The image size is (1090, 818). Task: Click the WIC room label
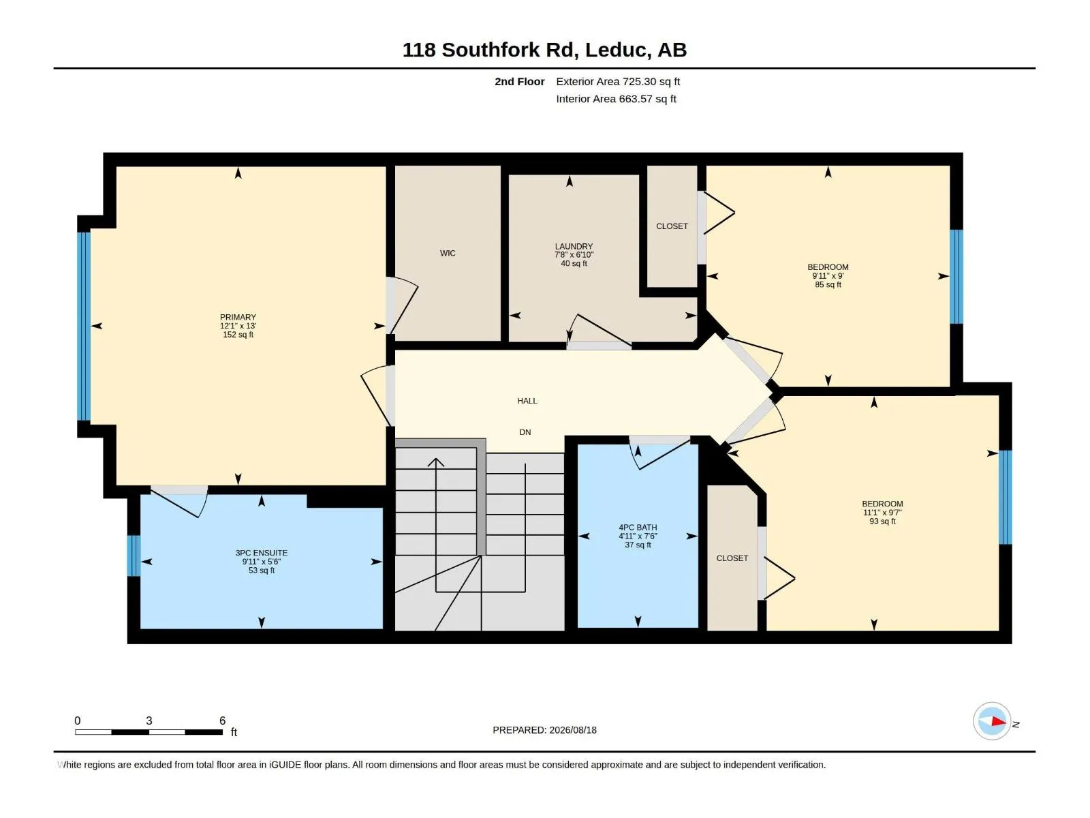tap(448, 254)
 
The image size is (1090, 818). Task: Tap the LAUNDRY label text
tap(574, 246)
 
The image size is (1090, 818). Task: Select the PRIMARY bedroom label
tap(238, 318)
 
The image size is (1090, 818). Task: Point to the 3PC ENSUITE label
tap(261, 553)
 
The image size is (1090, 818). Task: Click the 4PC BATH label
tap(638, 528)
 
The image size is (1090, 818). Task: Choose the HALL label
tap(527, 401)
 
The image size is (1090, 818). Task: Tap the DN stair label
tap(525, 432)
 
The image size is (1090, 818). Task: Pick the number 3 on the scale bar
tap(149, 721)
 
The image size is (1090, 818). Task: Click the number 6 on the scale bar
tap(223, 721)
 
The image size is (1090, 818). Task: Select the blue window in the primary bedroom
tap(84, 327)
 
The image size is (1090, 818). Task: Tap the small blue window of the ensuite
tap(134, 556)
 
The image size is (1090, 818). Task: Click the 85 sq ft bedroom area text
tap(828, 284)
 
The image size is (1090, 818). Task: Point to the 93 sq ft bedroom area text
tap(882, 521)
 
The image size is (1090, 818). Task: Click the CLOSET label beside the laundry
tap(672, 226)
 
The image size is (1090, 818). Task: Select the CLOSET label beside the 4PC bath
tap(732, 558)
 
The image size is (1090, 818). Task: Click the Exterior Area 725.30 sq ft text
tap(618, 81)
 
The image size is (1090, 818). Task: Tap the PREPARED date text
tap(545, 730)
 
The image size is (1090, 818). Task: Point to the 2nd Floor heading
tap(519, 81)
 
